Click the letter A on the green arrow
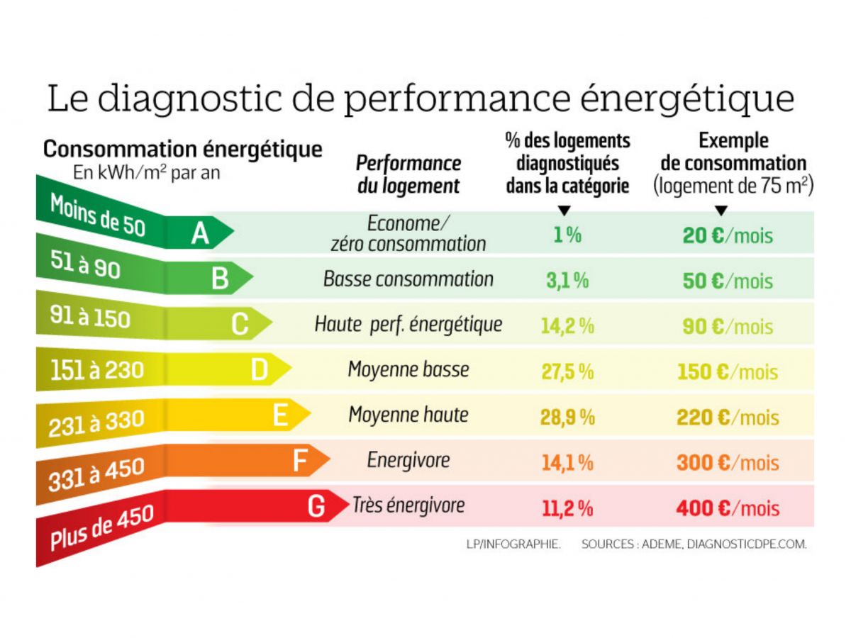click(200, 233)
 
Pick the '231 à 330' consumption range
click(96, 423)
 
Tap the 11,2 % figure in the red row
click(567, 508)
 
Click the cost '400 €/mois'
click(728, 508)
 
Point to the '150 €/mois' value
click(728, 372)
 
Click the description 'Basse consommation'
click(408, 279)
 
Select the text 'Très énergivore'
click(408, 505)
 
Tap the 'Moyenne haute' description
click(408, 415)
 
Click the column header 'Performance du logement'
click(408, 174)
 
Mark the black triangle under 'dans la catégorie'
click(564, 211)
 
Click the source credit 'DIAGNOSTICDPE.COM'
click(747, 544)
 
